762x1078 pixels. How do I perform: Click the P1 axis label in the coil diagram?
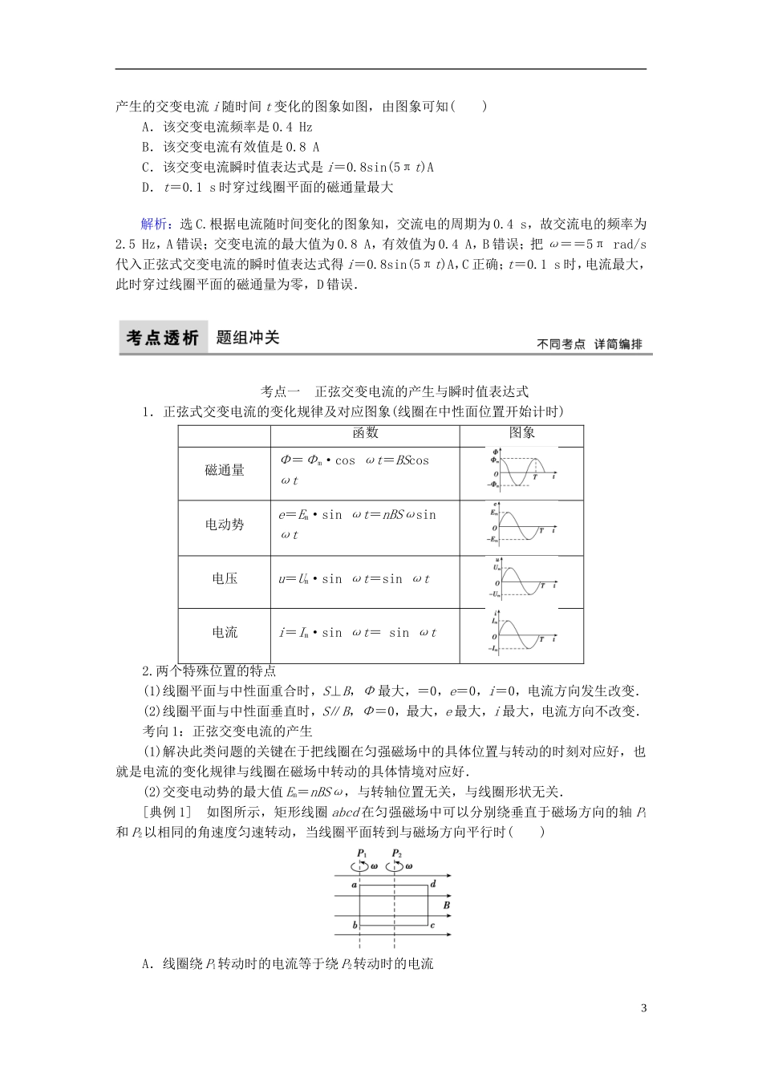[363, 853]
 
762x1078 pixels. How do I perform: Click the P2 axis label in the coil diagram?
[396, 853]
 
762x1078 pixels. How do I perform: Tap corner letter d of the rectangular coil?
[433, 884]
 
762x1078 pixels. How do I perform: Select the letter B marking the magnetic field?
[446, 905]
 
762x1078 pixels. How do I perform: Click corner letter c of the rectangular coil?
[433, 925]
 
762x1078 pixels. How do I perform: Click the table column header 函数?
[365, 433]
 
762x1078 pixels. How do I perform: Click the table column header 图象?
[521, 433]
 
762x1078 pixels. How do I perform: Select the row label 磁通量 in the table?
[225, 471]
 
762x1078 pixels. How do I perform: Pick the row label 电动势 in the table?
[225, 525]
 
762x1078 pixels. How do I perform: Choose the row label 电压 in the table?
[225, 578]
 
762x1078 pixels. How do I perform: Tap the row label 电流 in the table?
[225, 632]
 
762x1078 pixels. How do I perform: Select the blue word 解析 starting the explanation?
[154, 224]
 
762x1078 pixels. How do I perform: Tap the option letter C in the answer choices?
[147, 168]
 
